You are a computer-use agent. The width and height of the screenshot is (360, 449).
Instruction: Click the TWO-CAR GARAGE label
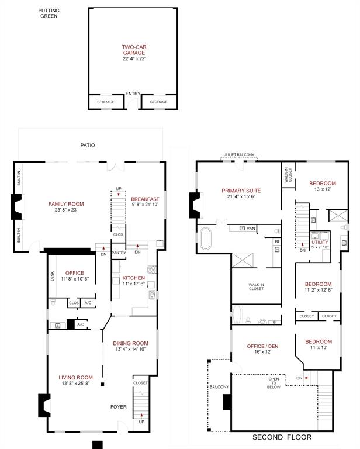tap(133, 47)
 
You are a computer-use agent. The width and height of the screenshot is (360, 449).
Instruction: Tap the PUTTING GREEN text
tap(49, 13)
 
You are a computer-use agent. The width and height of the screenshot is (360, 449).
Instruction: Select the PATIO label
tap(88, 145)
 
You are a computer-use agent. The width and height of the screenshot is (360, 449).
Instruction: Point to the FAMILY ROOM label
tap(66, 204)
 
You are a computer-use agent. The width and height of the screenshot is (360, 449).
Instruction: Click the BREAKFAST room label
tap(145, 199)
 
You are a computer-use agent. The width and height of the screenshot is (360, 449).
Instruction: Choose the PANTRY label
tap(119, 253)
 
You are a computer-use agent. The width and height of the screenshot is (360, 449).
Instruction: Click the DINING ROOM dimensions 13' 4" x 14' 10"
tap(131, 349)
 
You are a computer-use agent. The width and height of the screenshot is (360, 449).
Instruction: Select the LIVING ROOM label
tap(75, 377)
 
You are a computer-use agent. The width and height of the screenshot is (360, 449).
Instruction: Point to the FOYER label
tap(119, 406)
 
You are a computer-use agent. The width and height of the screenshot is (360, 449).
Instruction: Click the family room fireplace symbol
tap(17, 206)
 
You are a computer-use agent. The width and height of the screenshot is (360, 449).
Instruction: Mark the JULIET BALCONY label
tap(239, 155)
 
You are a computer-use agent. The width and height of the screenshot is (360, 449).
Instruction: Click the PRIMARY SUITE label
tap(241, 191)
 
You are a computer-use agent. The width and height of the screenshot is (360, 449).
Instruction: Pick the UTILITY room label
tap(320, 241)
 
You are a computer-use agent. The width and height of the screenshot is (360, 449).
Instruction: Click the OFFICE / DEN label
tap(261, 346)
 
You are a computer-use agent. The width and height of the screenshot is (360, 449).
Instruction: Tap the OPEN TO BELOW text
tap(274, 383)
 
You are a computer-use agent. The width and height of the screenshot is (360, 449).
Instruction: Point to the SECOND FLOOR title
tap(282, 437)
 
